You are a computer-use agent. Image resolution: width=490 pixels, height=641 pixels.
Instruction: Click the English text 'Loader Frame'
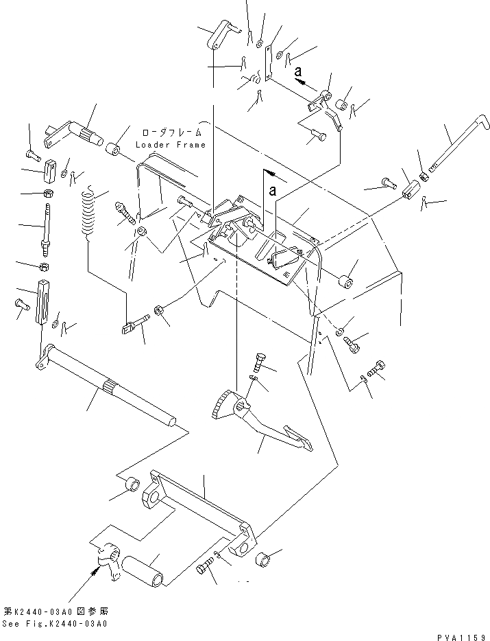(171, 145)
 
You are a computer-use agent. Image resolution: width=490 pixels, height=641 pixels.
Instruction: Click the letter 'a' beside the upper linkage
(297, 70)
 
